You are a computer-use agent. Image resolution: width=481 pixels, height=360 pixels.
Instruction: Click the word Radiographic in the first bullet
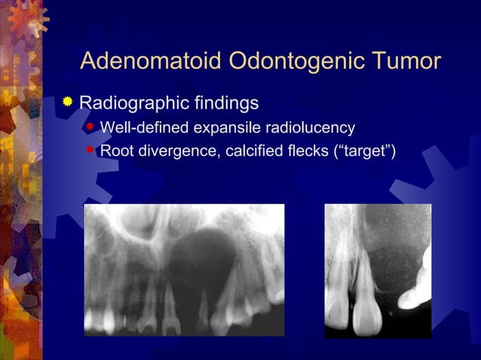click(x=130, y=102)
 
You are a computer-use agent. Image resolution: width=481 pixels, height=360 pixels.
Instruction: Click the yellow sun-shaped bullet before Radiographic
click(x=69, y=102)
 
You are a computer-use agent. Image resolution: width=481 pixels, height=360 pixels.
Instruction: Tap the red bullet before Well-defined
click(x=90, y=126)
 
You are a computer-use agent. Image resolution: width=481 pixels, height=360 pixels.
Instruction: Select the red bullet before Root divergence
click(x=90, y=150)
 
